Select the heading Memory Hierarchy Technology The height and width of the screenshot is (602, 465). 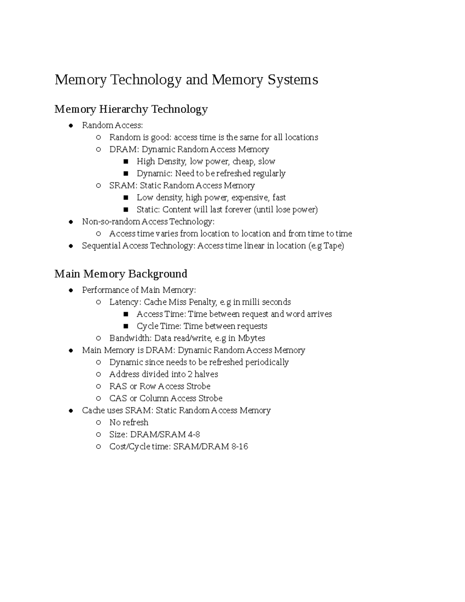pyautogui.click(x=131, y=109)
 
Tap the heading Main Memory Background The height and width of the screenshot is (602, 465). pyautogui.click(x=121, y=274)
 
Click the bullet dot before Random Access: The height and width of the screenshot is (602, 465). pyautogui.click(x=71, y=126)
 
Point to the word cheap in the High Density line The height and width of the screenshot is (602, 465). pyautogui.click(x=243, y=162)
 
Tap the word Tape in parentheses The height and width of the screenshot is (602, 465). pyautogui.click(x=332, y=246)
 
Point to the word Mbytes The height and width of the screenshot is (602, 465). pyautogui.click(x=251, y=338)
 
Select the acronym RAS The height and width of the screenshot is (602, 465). pyautogui.click(x=118, y=386)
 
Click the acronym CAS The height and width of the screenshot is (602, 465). pyautogui.click(x=118, y=398)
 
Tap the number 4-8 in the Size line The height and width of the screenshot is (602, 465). pyautogui.click(x=194, y=434)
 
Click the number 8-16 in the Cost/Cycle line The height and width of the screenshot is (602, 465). pyautogui.click(x=239, y=446)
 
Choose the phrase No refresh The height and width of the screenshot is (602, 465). pyautogui.click(x=129, y=422)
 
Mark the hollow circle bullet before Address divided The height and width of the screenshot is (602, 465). pyautogui.click(x=98, y=374)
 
